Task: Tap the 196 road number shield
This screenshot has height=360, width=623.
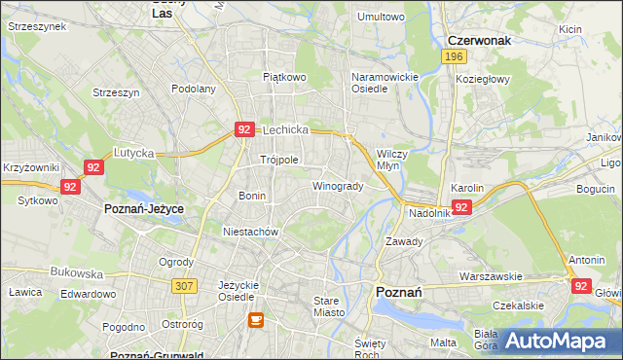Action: [452, 57]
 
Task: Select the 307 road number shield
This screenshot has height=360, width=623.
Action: [184, 285]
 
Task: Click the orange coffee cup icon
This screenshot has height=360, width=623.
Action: [255, 319]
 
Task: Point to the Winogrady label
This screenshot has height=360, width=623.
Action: [338, 186]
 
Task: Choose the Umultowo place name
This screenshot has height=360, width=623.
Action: [381, 17]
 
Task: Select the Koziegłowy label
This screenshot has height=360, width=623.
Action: [484, 80]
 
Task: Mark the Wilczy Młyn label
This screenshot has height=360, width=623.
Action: [395, 159]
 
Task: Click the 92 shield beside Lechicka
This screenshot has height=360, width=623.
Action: [244, 128]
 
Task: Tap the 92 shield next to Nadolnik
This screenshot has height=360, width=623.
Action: [461, 207]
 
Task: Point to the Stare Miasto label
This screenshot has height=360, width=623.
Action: [332, 306]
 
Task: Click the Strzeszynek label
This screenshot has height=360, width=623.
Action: [36, 26]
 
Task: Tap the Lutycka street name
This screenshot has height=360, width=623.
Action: [134, 153]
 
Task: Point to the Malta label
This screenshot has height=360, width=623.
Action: [443, 342]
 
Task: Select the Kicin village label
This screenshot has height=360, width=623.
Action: [569, 29]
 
